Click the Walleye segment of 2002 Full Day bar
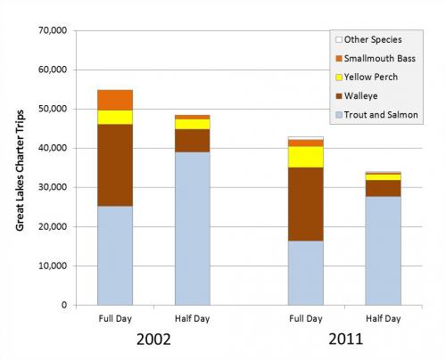[x=115, y=165]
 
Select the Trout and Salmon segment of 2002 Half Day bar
[x=192, y=228]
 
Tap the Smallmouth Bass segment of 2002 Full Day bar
[x=115, y=100]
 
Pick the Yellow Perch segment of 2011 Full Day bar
[x=305, y=157]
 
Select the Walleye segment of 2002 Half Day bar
[x=192, y=141]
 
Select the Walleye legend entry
[x=365, y=96]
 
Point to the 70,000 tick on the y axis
[x=50, y=30]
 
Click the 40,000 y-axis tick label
[x=50, y=148]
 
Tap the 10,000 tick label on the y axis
[x=50, y=266]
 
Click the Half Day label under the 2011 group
[x=382, y=318]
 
